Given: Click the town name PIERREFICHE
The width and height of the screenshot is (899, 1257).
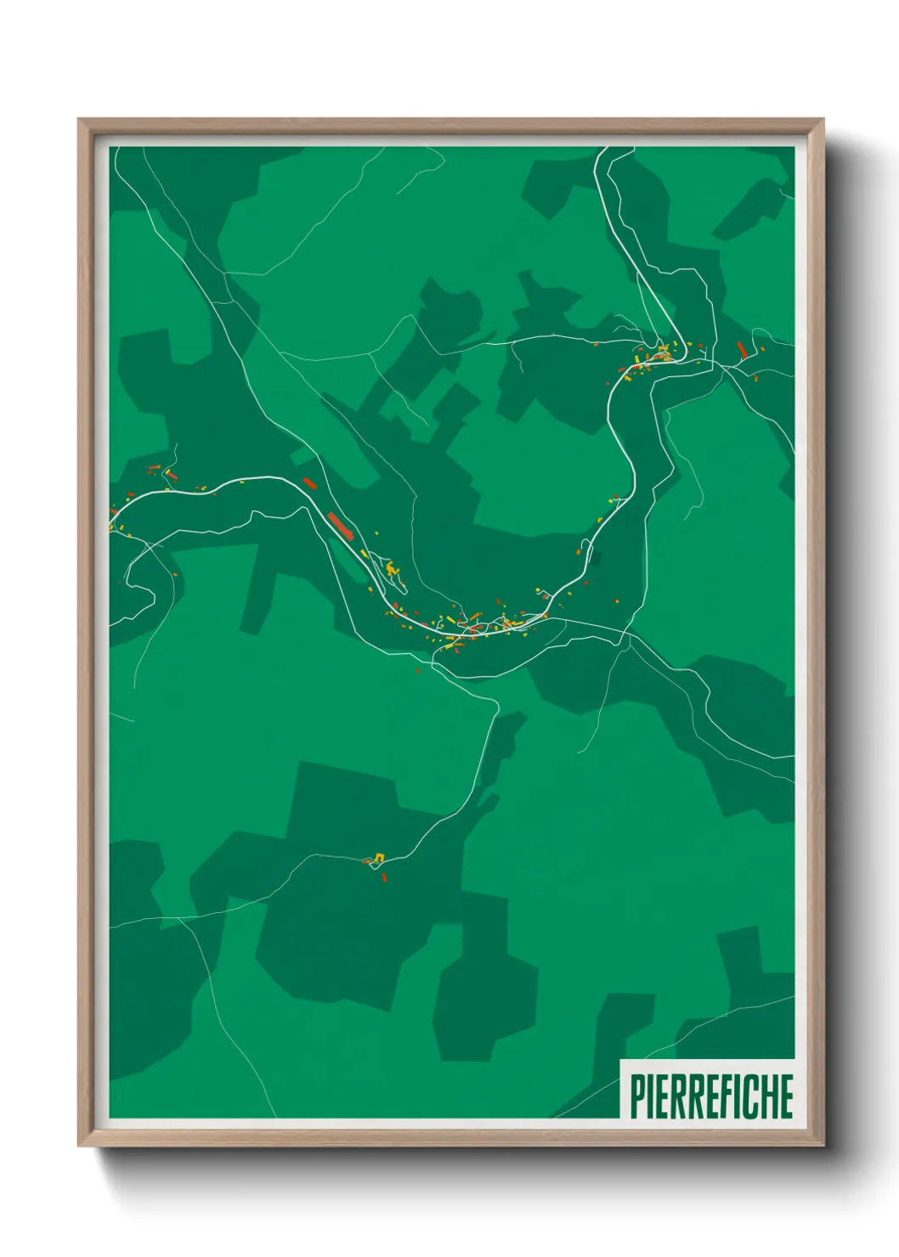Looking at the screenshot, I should coord(711,1096).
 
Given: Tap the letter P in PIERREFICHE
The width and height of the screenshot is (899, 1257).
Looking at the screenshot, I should coord(637,1096).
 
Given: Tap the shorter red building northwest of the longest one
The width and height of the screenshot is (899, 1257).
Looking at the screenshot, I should coord(309,484).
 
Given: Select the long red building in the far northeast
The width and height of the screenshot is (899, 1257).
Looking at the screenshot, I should coord(741,349).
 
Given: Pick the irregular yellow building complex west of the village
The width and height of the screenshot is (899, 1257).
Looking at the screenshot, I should coord(391,568).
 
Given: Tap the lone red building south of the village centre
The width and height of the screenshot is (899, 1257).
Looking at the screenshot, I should coord(418,669).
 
